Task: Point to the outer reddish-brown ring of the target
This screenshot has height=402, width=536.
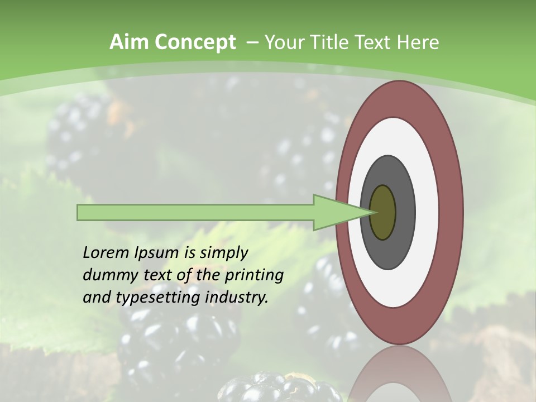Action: pos(452,212)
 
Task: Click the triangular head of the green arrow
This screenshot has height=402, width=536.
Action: pos(335,212)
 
